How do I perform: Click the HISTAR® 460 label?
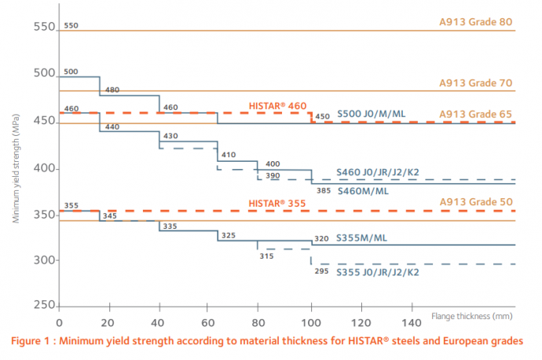pyautogui.click(x=277, y=106)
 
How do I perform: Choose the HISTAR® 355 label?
pyautogui.click(x=277, y=204)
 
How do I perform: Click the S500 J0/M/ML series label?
pyautogui.click(x=372, y=114)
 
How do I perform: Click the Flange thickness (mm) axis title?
pyautogui.click(x=471, y=316)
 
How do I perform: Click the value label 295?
pyautogui.click(x=321, y=271)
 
